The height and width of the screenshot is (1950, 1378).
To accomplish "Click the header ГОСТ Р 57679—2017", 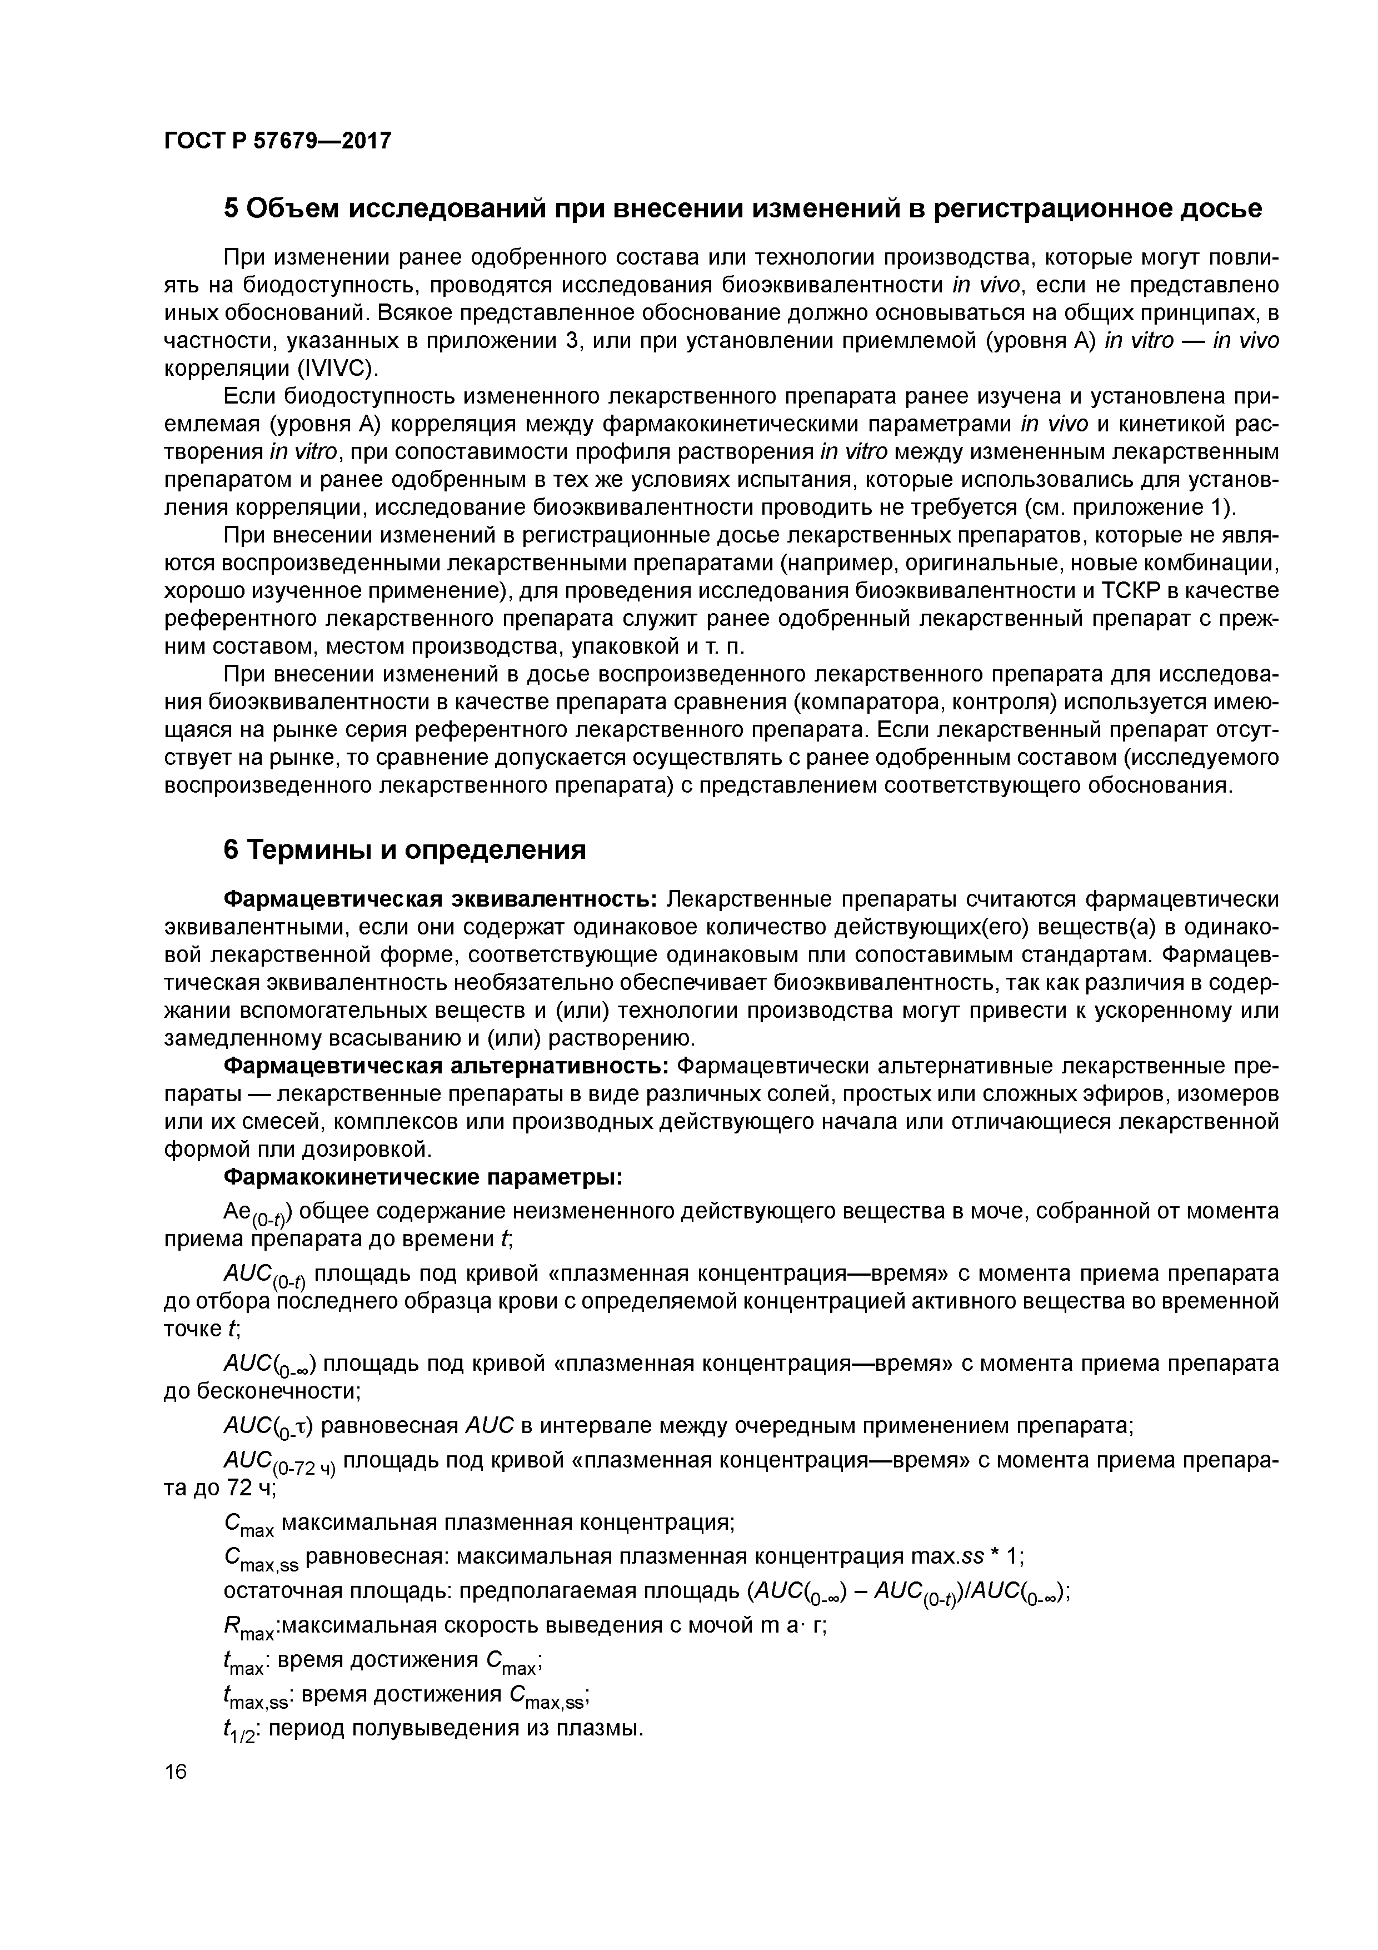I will tap(278, 140).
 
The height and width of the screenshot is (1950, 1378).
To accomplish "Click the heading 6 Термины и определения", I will tap(404, 850).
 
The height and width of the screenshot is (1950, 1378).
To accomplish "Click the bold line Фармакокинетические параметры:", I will tap(423, 1178).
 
